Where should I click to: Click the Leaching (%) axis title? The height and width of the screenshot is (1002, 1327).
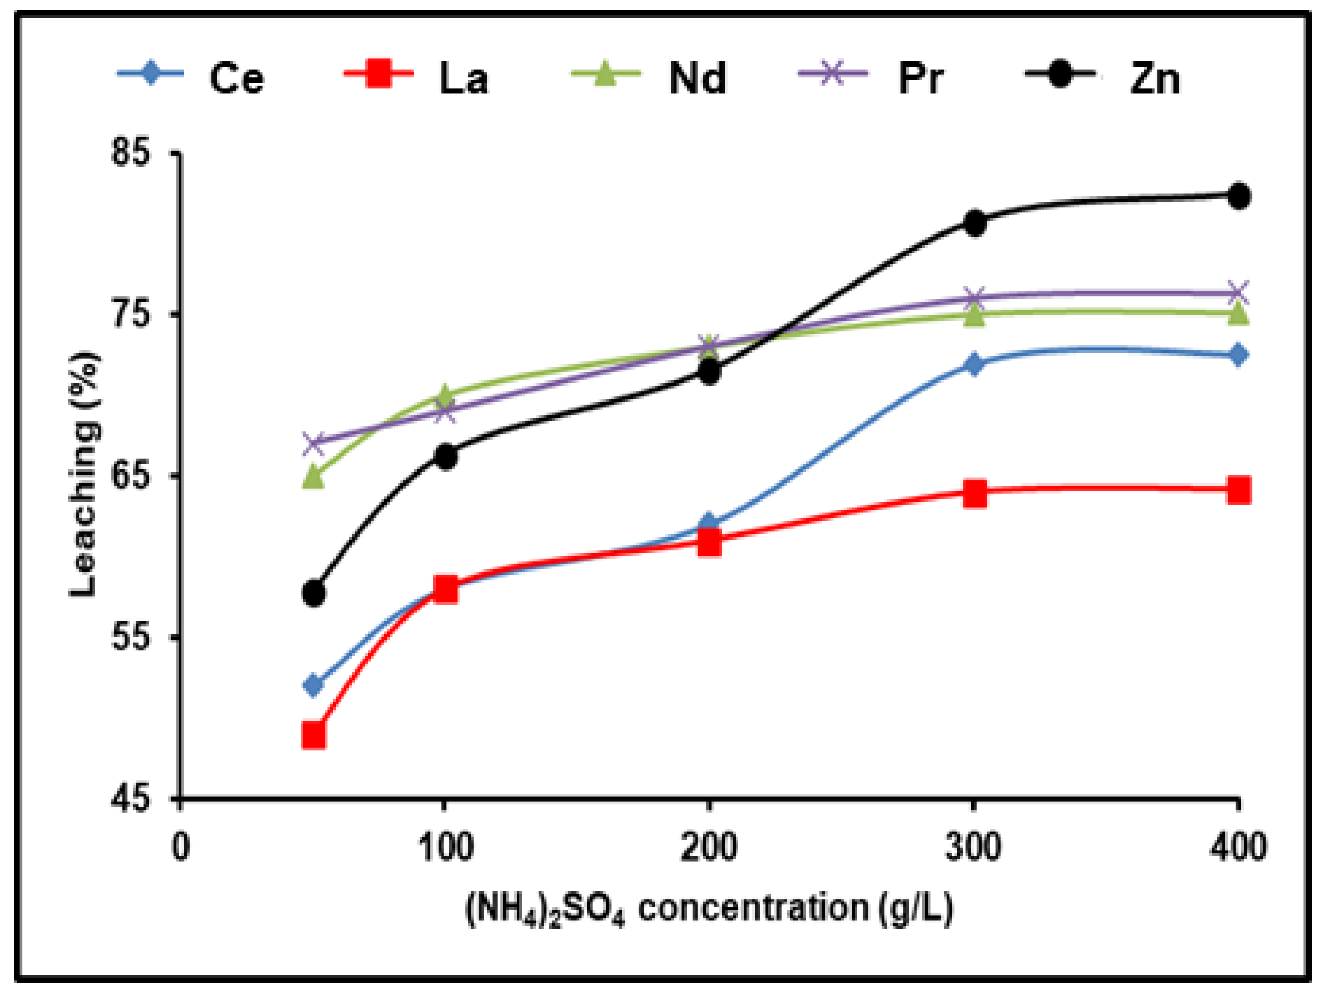coord(83,474)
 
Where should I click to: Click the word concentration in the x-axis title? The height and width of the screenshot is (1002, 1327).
coord(752,908)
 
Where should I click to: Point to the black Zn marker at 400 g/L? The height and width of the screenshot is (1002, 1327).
coord(1238,196)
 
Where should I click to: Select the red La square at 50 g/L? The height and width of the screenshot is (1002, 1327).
coord(314,735)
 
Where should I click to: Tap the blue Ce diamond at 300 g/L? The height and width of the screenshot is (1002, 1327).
coord(974,364)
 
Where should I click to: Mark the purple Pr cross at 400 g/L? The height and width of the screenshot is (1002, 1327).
coord(1238,293)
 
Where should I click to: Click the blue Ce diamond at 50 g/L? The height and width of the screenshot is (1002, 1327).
coord(313,685)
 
